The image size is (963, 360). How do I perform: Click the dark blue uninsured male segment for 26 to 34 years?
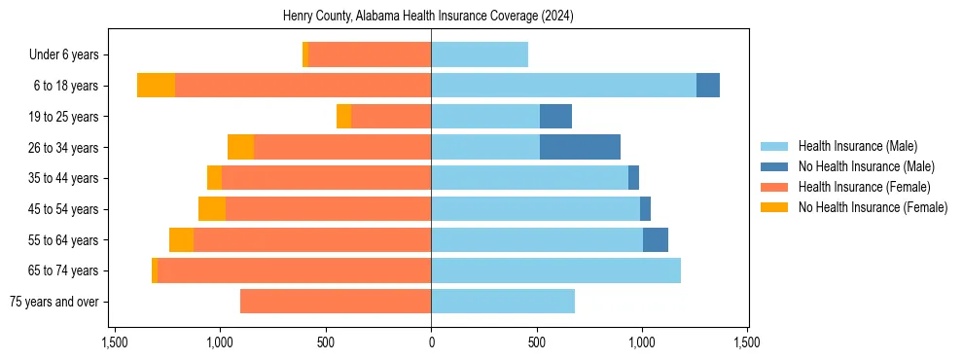pyautogui.click(x=580, y=147)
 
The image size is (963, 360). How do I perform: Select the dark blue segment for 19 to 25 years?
pyautogui.click(x=555, y=117)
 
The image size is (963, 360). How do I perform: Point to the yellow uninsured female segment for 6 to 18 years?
pyautogui.click(x=156, y=86)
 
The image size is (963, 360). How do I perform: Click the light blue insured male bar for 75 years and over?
pyautogui.click(x=503, y=302)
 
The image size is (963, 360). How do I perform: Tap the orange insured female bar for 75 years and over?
pyautogui.click(x=336, y=302)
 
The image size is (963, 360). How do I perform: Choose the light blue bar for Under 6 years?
pyautogui.click(x=480, y=55)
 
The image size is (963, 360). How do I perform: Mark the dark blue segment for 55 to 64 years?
pyautogui.click(x=656, y=239)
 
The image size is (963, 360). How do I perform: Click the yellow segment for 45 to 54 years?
pyautogui.click(x=212, y=209)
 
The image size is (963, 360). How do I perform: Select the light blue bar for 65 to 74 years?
pyautogui.click(x=555, y=270)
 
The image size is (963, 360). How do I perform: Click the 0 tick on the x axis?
pyautogui.click(x=431, y=342)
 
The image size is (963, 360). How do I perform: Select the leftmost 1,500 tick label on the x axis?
pyautogui.click(x=115, y=342)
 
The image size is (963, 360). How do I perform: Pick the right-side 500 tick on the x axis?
pyautogui.click(x=536, y=342)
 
